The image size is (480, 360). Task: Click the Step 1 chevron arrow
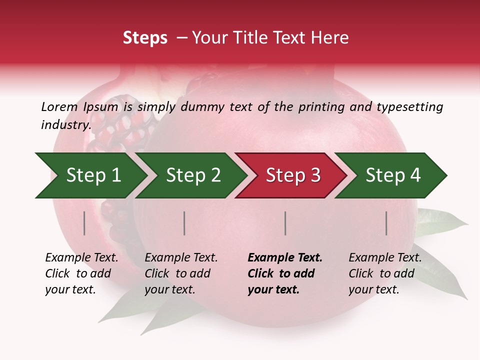pyautogui.click(x=92, y=175)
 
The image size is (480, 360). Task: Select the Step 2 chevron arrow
pyautogui.click(x=192, y=175)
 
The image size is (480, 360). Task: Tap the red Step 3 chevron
pyautogui.click(x=292, y=175)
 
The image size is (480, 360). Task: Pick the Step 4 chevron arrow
pyautogui.click(x=392, y=175)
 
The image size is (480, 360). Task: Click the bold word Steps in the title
pyautogui.click(x=145, y=38)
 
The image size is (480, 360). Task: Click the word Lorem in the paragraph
pyautogui.click(x=59, y=107)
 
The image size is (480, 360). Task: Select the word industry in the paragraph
pyautogui.click(x=65, y=124)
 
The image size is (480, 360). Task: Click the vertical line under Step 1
pyautogui.click(x=84, y=223)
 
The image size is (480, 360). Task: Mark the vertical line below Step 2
pyautogui.click(x=184, y=223)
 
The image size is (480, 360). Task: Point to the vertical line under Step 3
pyautogui.click(x=285, y=223)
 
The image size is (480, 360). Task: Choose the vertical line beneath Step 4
pyautogui.click(x=386, y=223)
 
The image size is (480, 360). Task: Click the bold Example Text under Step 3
pyautogui.click(x=285, y=258)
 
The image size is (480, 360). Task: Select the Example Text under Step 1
pyautogui.click(x=81, y=258)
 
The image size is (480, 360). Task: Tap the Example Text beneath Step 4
pyautogui.click(x=385, y=258)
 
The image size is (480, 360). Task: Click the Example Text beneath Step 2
pyautogui.click(x=181, y=258)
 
